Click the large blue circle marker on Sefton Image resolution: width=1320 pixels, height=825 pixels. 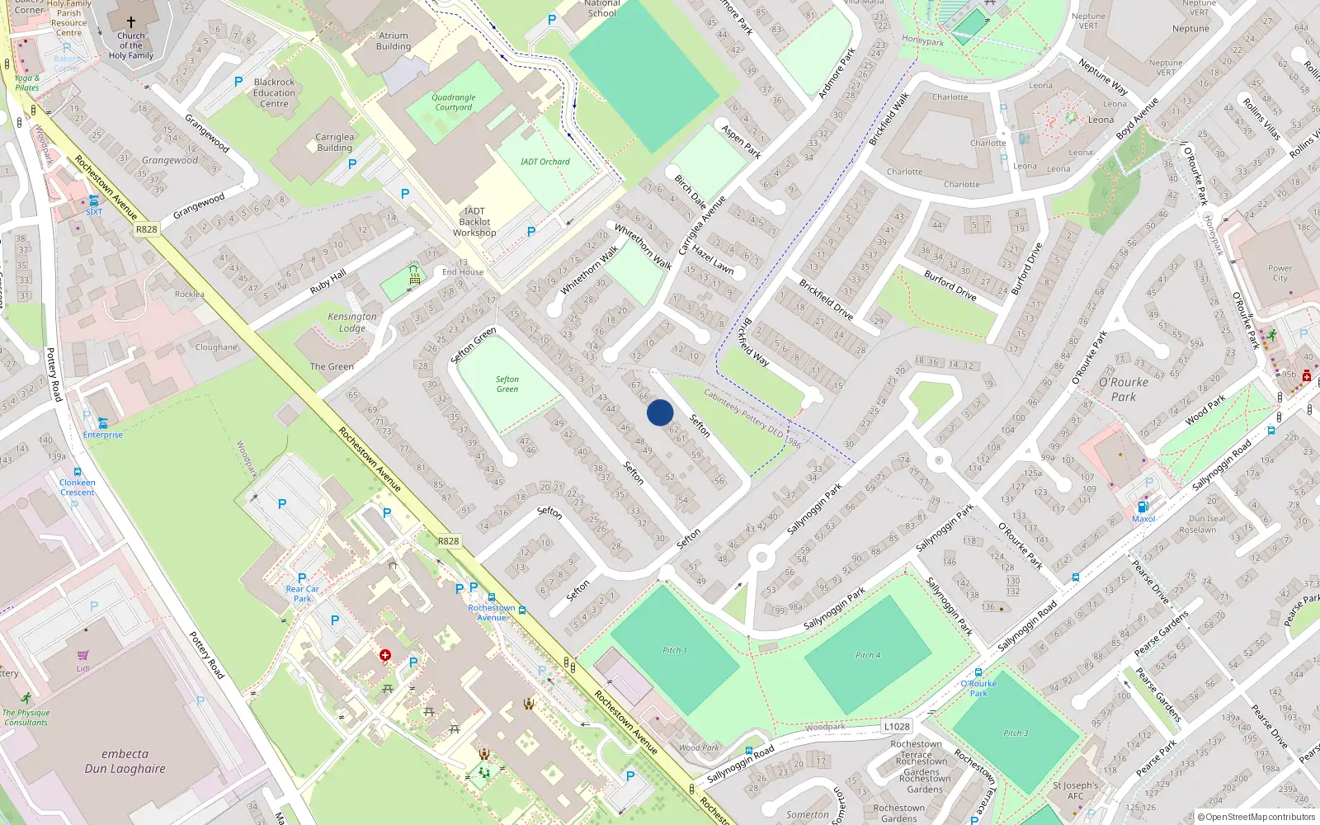point(660,412)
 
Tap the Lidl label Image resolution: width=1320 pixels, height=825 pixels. point(83,668)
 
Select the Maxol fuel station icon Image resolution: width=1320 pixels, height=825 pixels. point(1143,507)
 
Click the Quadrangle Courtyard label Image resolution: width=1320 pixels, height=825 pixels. point(454,102)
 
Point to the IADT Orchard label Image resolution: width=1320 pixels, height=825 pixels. point(544,162)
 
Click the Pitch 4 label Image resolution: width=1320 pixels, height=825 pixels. point(867,655)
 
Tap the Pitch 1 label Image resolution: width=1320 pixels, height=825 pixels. point(674,650)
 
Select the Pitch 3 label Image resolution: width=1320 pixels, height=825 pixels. point(1016,733)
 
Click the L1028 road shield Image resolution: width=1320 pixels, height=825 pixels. point(896,727)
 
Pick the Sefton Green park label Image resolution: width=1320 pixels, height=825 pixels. point(507,384)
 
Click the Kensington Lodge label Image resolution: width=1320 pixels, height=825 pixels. point(352,322)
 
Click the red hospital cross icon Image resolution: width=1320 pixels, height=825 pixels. point(385,655)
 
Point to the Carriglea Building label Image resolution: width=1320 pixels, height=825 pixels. point(334,143)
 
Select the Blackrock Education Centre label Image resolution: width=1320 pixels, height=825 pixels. point(275,93)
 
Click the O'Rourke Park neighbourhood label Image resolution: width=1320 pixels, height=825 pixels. point(1123,389)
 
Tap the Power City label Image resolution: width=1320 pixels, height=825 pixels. point(1280,273)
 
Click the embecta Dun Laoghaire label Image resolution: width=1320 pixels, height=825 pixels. point(125,761)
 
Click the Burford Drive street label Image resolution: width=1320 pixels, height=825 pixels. point(950,285)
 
